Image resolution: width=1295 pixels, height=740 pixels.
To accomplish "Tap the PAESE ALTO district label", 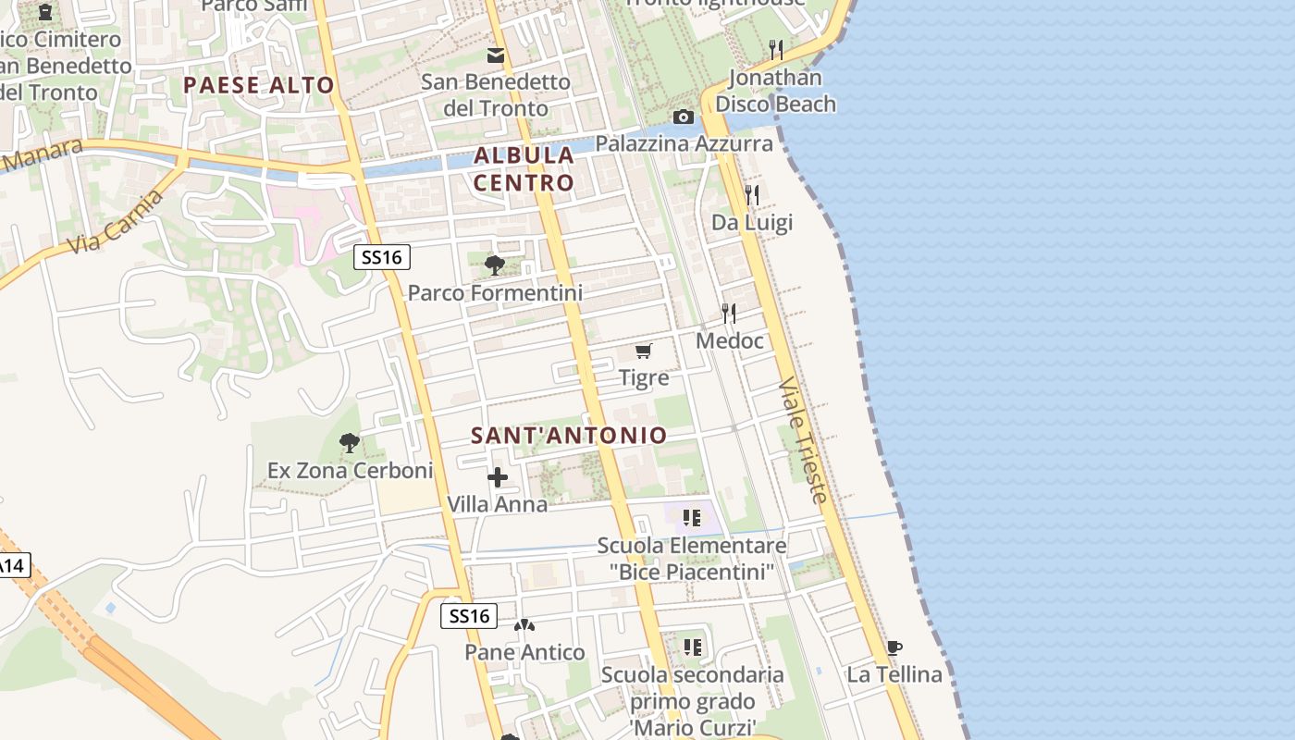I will coord(258,85).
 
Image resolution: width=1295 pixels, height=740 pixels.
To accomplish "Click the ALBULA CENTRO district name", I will coord(524,168).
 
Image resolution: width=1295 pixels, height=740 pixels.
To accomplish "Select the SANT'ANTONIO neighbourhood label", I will coord(569,435).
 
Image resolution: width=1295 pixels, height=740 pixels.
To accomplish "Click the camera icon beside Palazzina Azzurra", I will coord(684,117).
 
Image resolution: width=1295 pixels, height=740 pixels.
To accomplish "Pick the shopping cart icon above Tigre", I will coord(644,351).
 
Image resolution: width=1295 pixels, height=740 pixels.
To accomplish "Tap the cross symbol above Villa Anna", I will coord(498,477).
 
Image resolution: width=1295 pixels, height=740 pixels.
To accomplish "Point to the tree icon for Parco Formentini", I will coord(495,265).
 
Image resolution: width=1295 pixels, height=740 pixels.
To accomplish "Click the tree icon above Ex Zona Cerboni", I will coord(349,443).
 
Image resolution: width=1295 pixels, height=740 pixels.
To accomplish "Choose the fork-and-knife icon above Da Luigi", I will coord(752,195).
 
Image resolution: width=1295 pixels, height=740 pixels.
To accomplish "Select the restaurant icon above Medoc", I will coord(729,314).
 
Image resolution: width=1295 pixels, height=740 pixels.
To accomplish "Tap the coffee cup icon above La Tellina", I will coord(894,647).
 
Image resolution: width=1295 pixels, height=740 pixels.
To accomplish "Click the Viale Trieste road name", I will coord(802,439).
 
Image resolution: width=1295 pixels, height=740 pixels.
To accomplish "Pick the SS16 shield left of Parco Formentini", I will coord(382,257).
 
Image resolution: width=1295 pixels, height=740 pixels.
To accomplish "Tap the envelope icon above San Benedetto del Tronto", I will coord(496,55).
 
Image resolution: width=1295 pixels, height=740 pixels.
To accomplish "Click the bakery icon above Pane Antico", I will coord(524,626).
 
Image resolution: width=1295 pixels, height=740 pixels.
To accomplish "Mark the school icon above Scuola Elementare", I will coord(692,518).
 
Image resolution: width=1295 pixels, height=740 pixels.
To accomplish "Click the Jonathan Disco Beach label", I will coord(775,91).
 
